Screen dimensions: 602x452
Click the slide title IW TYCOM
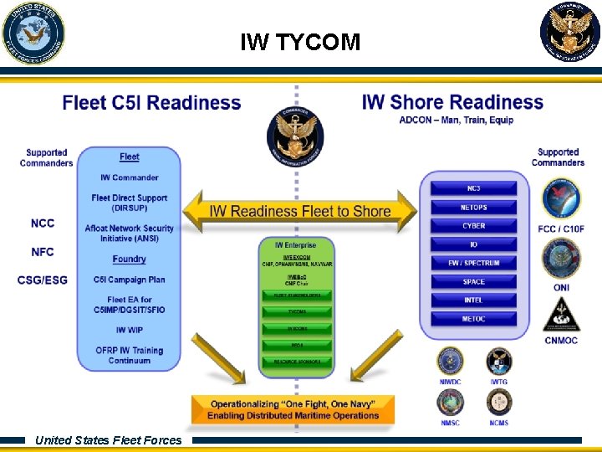[x=300, y=42]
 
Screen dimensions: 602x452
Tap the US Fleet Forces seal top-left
[x=33, y=33]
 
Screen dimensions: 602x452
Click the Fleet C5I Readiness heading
[x=151, y=103]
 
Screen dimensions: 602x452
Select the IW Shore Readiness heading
[x=452, y=102]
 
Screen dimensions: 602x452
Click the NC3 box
[x=473, y=188]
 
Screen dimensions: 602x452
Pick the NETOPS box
[x=473, y=207]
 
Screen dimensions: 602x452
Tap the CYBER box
[x=473, y=226]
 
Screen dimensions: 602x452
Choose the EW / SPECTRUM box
[x=473, y=263]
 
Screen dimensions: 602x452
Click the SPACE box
[x=473, y=281]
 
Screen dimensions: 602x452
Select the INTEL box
[x=473, y=300]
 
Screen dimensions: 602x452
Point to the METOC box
[x=473, y=319]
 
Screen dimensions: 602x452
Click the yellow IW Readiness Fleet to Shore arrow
[x=300, y=211]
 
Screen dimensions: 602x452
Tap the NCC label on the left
[x=43, y=223]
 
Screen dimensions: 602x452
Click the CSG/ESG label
[x=43, y=280]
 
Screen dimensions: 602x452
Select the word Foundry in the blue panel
[x=129, y=259]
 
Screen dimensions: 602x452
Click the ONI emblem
[x=561, y=260]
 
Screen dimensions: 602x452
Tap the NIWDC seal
[x=450, y=362]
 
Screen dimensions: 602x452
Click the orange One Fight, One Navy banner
[x=292, y=410]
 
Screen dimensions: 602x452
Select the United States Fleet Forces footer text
[x=108, y=440]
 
